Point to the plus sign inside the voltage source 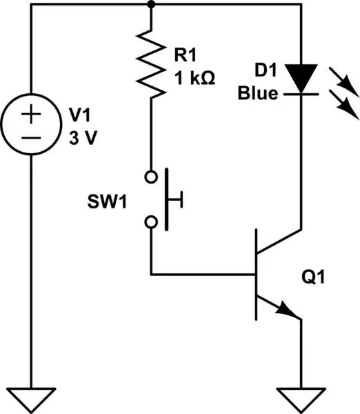click(x=29, y=115)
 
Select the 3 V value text click(x=83, y=137)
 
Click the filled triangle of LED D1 click(x=301, y=77)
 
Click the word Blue click(x=257, y=93)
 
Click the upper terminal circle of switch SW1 click(x=151, y=177)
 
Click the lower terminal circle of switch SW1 click(x=151, y=222)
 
